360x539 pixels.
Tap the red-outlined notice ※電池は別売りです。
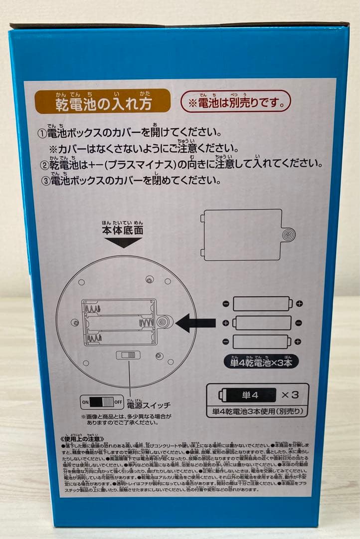pyautogui.click(x=235, y=102)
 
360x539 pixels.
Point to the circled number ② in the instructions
pyautogui.click(x=44, y=165)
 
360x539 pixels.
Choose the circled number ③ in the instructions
pyautogui.click(x=44, y=181)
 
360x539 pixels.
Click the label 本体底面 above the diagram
pyautogui.click(x=122, y=231)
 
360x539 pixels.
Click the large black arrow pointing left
pyautogui.click(x=195, y=323)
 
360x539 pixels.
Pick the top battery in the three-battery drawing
pyautogui.click(x=262, y=303)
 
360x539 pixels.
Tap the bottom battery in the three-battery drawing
pyautogui.click(x=262, y=342)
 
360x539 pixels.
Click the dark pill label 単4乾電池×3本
pyautogui.click(x=261, y=361)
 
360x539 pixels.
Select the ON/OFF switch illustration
pyautogui.click(x=102, y=401)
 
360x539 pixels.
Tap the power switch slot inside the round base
pyautogui.click(x=128, y=355)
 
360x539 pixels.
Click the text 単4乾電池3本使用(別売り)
pyautogui.click(x=258, y=412)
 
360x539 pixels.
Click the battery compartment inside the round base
pyautogui.click(x=120, y=322)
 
